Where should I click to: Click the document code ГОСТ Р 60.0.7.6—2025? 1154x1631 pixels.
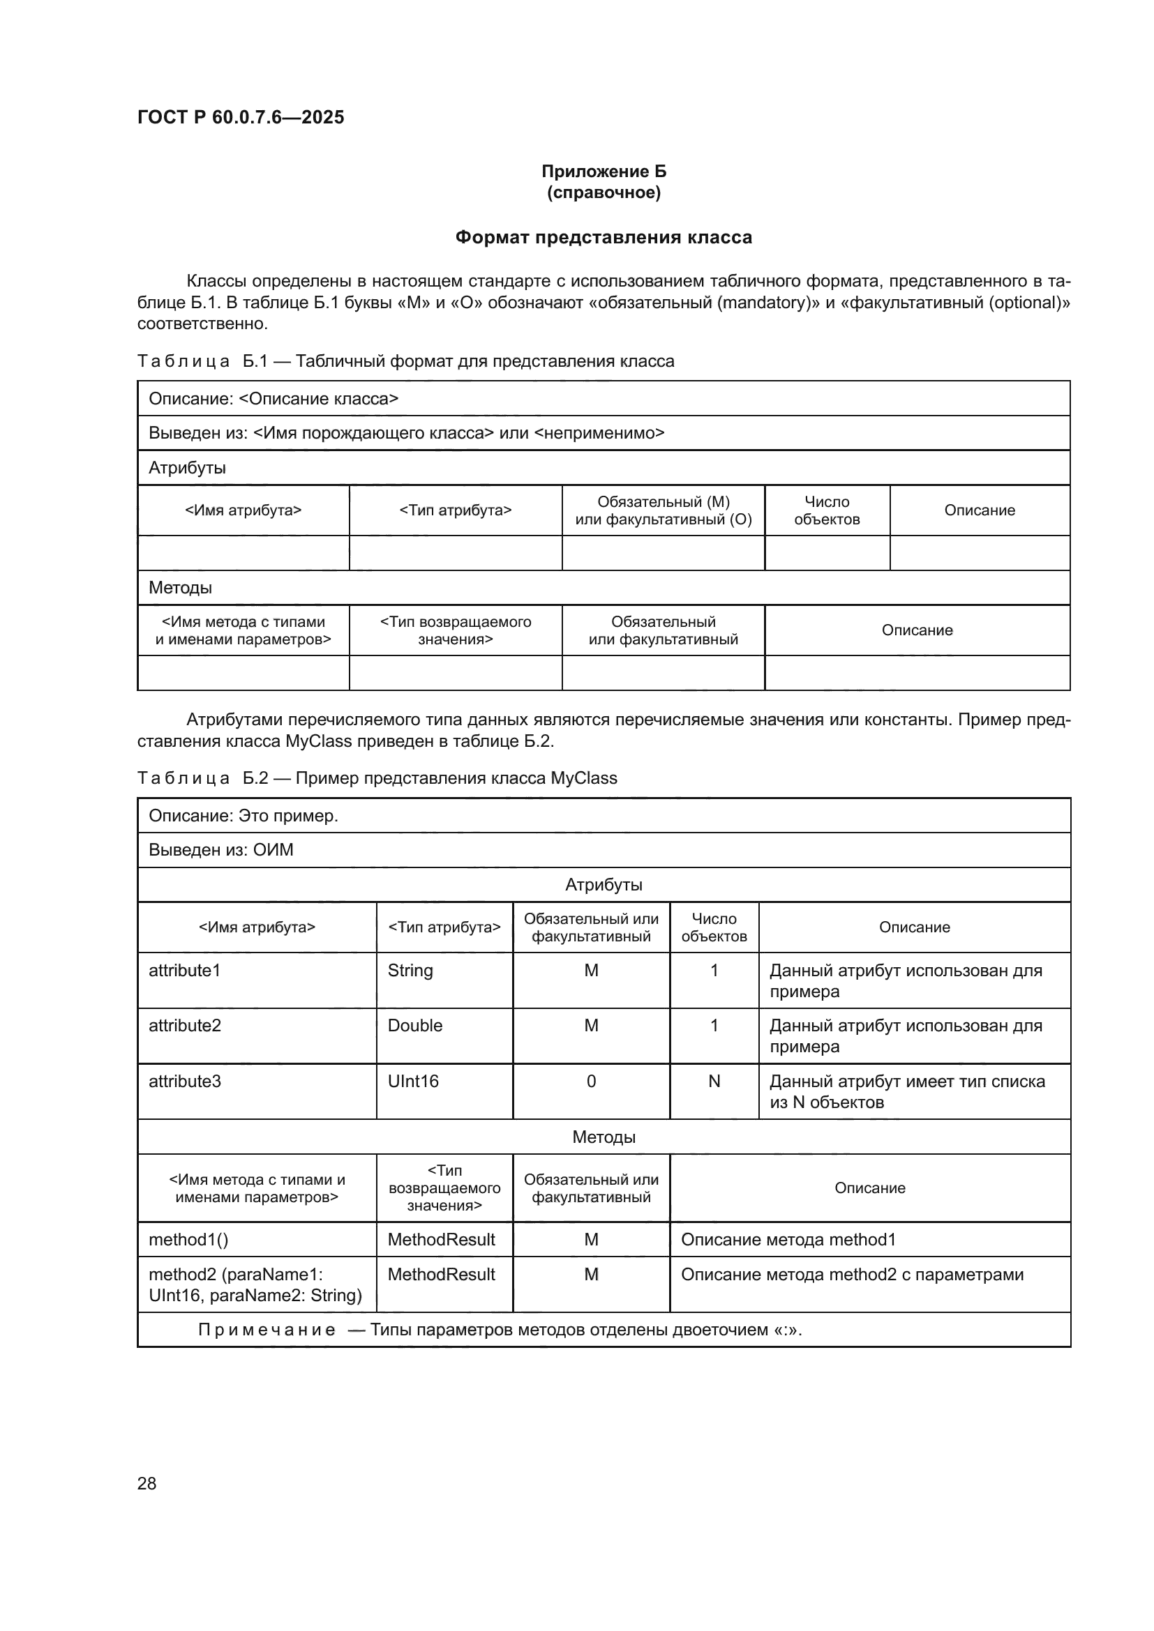point(240,117)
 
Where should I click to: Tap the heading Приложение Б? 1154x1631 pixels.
point(604,172)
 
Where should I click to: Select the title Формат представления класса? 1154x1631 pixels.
point(604,237)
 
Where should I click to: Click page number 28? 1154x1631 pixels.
point(147,1483)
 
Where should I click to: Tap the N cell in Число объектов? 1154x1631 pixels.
point(714,1082)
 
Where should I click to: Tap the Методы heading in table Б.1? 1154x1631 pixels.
point(181,587)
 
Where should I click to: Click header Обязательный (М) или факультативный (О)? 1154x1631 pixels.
point(663,510)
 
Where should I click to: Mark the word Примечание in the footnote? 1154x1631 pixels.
point(267,1330)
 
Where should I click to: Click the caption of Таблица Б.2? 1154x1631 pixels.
point(377,778)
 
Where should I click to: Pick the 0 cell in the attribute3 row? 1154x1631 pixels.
point(591,1082)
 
